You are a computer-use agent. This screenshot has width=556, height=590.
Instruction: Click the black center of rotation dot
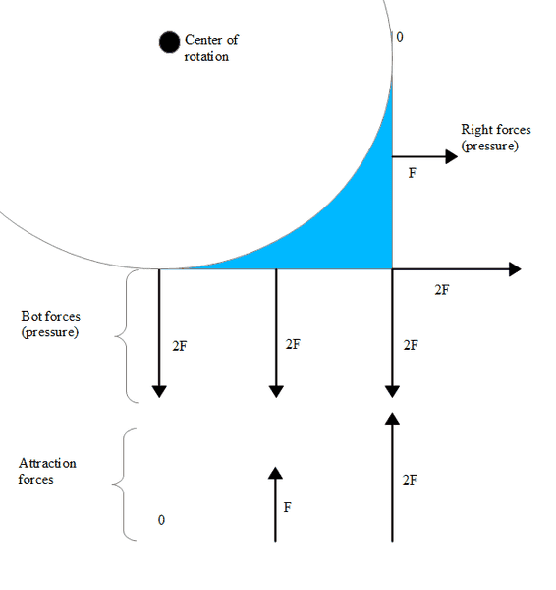169,42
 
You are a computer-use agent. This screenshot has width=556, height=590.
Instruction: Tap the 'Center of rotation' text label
211,48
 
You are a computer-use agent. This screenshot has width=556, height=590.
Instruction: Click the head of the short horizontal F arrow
452,156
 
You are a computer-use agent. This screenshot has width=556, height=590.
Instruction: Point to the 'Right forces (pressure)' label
496,138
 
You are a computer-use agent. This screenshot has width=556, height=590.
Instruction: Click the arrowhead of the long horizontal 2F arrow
515,269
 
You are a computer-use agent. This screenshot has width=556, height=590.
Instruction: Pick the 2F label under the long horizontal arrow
442,290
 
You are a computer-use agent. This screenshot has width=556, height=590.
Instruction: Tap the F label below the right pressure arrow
412,173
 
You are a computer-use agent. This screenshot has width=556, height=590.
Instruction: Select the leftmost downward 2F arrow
159,333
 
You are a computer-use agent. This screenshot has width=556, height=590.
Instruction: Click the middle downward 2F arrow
276,333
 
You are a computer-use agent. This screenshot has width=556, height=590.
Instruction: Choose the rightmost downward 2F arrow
393,333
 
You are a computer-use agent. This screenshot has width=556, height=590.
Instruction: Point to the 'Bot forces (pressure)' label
50,324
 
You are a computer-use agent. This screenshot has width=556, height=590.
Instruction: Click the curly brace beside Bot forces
126,336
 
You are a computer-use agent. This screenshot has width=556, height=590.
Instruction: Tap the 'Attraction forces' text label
47,471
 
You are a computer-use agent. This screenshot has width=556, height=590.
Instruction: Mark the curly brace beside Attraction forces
124,484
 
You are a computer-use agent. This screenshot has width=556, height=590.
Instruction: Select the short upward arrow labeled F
276,504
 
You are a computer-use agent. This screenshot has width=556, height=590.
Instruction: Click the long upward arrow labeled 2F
393,477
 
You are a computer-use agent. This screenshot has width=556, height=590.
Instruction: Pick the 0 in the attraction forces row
161,520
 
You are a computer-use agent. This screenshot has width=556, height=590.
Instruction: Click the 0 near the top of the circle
400,37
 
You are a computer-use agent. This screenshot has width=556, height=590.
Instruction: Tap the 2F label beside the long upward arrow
410,480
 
